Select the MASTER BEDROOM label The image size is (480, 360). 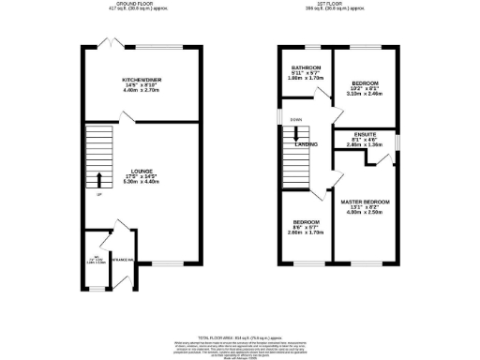365,202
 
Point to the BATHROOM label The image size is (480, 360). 306,68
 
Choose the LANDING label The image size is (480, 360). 306,145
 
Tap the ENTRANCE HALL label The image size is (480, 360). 123,260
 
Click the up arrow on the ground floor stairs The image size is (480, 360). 99,179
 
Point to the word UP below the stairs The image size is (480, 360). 98,194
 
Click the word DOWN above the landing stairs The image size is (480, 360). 296,120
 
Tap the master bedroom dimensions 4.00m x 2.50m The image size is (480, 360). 365,214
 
